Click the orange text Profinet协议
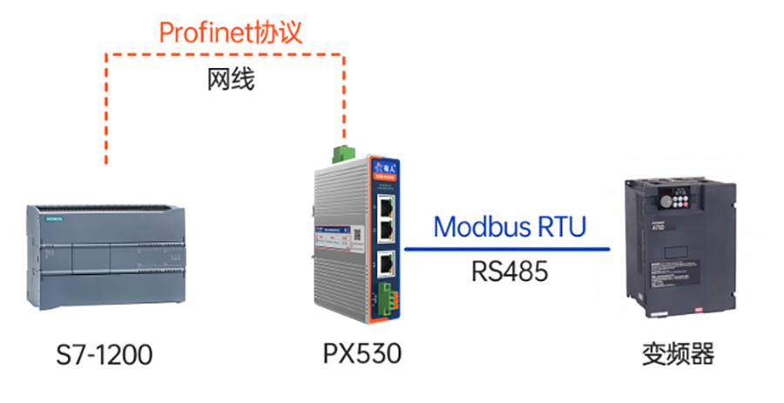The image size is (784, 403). pos(230,32)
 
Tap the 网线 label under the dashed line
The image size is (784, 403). pos(230,80)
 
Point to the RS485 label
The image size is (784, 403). pos(510,272)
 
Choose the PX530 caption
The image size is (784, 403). pos(362,355)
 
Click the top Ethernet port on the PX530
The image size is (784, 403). pos(386,207)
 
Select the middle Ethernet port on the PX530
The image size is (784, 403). pos(386,230)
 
